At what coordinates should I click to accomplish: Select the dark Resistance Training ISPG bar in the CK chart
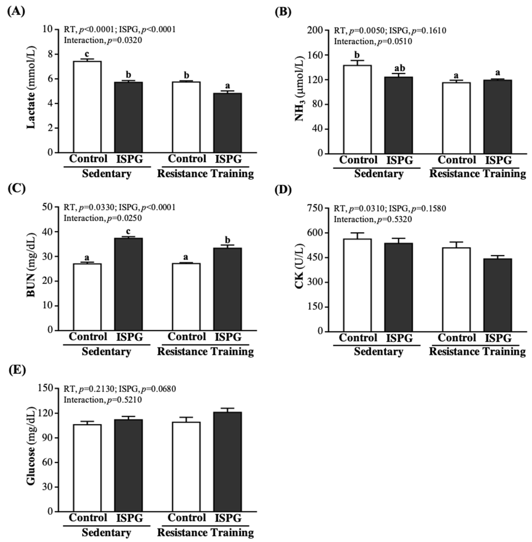coord(498,295)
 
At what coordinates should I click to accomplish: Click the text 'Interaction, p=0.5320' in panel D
coord(373,219)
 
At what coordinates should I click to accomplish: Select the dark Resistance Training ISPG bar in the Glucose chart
coord(227,461)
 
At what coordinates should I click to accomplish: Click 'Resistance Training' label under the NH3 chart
coord(477,174)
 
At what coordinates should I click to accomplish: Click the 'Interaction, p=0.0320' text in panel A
coord(103,40)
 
